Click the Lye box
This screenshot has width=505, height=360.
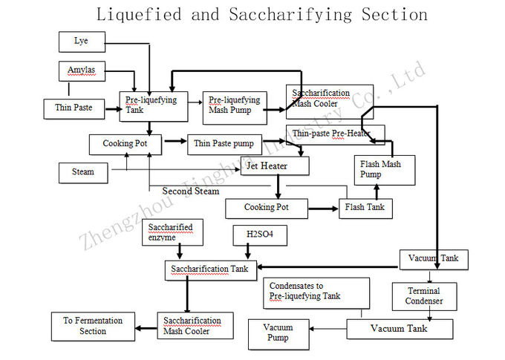coord(82,42)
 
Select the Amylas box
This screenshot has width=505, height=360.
coord(82,71)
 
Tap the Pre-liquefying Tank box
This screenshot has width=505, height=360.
coord(154,106)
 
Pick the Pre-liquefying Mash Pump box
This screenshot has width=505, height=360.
coord(235,108)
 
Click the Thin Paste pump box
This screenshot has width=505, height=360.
coord(224,145)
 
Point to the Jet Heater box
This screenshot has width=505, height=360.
coord(275,166)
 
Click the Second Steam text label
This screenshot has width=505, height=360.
coord(191,191)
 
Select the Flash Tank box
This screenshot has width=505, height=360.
coord(365,209)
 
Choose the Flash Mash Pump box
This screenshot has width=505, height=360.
coord(385,170)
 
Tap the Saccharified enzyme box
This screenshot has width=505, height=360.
coord(172,232)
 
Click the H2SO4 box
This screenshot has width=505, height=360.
coord(260,235)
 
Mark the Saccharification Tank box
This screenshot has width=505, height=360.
coord(211,270)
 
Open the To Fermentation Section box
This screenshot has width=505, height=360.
coord(93,327)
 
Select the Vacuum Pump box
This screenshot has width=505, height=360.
coord(278,335)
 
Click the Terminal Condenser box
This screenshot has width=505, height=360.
coord(424,297)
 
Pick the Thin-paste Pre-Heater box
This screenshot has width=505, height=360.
coord(335,135)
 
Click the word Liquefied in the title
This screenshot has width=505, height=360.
coord(139,15)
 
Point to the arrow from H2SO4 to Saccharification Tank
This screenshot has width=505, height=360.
coord(247,251)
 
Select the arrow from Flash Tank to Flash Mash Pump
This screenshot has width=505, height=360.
coord(377,192)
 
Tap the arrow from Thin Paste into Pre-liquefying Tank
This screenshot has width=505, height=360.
coord(114,109)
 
